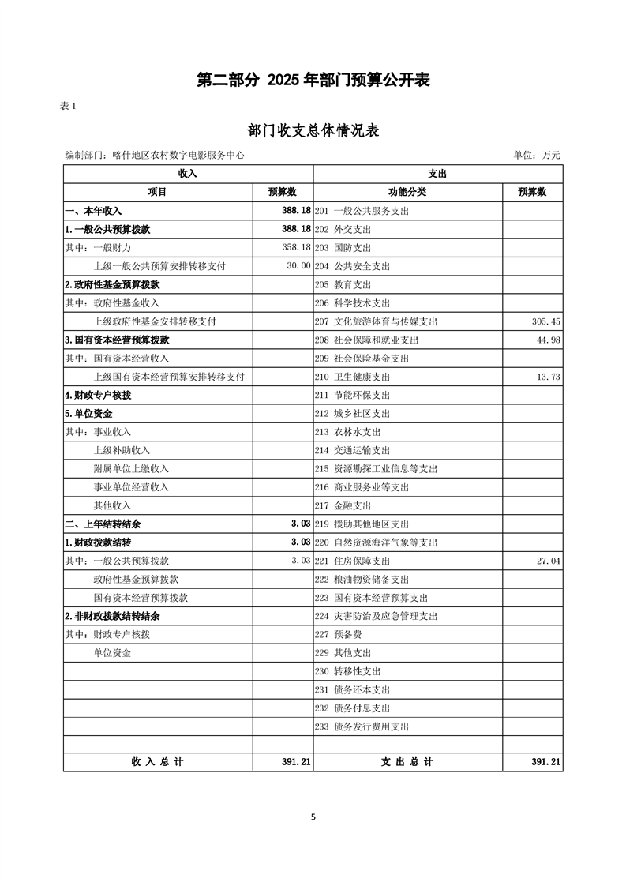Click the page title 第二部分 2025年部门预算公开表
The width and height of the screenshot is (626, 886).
tap(313, 81)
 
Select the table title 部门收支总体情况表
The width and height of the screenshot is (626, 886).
tap(313, 130)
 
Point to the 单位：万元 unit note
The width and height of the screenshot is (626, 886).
tap(537, 156)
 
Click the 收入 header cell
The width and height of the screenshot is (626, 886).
tap(188, 173)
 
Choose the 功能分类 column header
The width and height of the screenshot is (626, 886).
tap(407, 192)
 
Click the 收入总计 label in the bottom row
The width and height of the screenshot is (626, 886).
tap(157, 762)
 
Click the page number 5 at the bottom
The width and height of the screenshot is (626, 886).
tap(313, 817)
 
